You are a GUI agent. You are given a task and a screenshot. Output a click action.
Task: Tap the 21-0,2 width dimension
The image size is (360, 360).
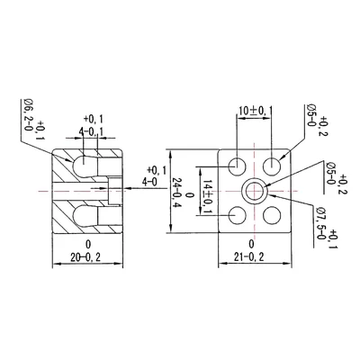point(251,256)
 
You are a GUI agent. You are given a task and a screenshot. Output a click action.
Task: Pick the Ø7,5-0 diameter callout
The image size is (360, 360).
point(320,221)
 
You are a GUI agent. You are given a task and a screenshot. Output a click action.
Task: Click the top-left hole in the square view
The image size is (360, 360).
point(238,166)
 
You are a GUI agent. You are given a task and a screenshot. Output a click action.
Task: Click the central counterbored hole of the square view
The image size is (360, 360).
point(256,190)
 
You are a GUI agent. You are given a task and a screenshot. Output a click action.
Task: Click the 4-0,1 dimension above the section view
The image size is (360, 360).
point(93,133)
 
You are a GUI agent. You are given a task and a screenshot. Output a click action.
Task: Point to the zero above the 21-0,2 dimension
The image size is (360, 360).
point(251,244)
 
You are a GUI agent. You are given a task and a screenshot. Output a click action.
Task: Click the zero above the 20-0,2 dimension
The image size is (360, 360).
point(88,244)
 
